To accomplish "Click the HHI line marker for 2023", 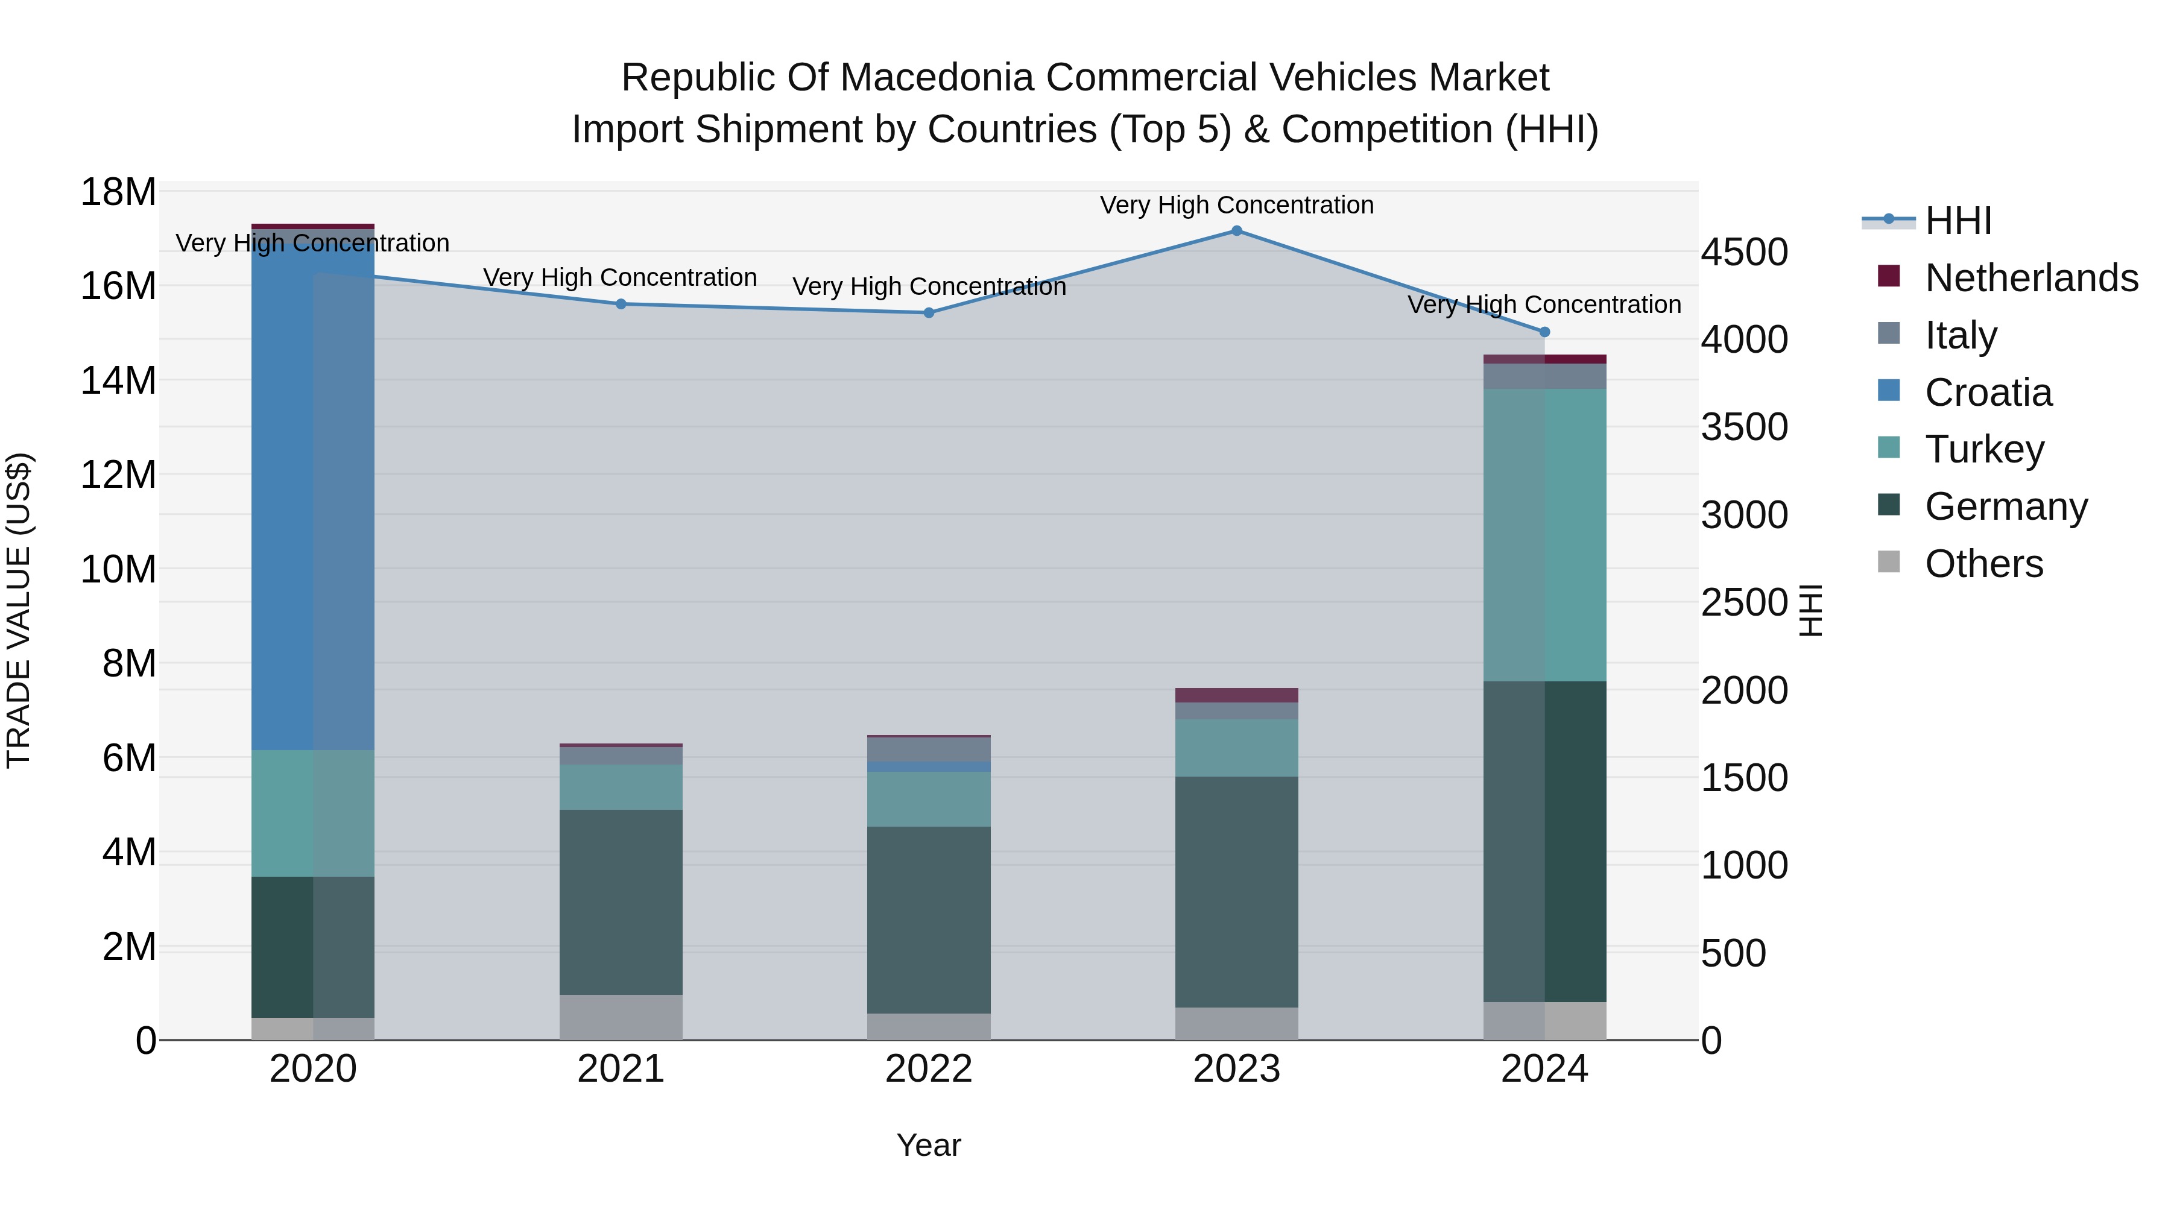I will pyautogui.click(x=1236, y=231).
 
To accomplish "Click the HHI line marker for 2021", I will pyautogui.click(x=621, y=304).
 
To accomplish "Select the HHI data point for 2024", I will pyautogui.click(x=1544, y=332).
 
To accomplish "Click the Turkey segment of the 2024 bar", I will pyautogui.click(x=1544, y=535).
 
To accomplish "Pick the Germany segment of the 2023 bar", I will pyautogui.click(x=1236, y=892).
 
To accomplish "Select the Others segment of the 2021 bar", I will pyautogui.click(x=621, y=1017).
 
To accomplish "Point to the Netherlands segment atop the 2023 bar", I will pyautogui.click(x=1236, y=695).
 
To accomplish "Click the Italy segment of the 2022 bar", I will pyautogui.click(x=929, y=749).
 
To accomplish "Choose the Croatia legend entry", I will pyautogui.click(x=1988, y=393).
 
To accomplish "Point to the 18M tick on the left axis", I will pyautogui.click(x=118, y=192).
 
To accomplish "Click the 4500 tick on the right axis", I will pyautogui.click(x=1743, y=252).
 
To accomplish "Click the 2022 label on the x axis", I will pyautogui.click(x=929, y=1069).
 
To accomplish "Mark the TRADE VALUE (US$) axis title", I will pyautogui.click(x=19, y=610).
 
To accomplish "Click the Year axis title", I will pyautogui.click(x=929, y=1145).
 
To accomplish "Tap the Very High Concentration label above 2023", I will pyautogui.click(x=1236, y=205).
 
